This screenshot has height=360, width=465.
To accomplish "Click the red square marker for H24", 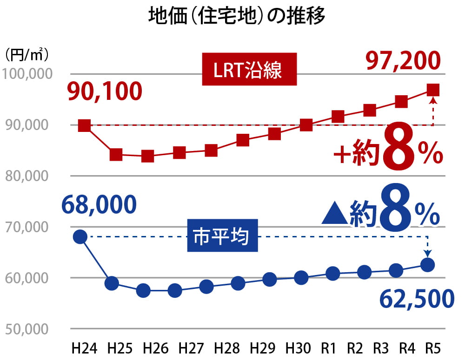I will point(84,125).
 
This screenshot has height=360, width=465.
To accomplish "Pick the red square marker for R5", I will point(433,90).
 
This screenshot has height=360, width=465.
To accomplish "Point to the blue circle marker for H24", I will point(80,236).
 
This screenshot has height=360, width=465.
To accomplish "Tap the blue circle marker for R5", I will point(427,265).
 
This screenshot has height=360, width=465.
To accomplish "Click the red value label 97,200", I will point(403,60).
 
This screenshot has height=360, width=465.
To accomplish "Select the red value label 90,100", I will point(104,92).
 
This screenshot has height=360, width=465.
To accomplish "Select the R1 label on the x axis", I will point(331,348).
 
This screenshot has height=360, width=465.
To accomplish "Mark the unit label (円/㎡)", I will point(27,54).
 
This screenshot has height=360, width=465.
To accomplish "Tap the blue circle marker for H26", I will point(143,291).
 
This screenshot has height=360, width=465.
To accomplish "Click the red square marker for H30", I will point(306,125).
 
